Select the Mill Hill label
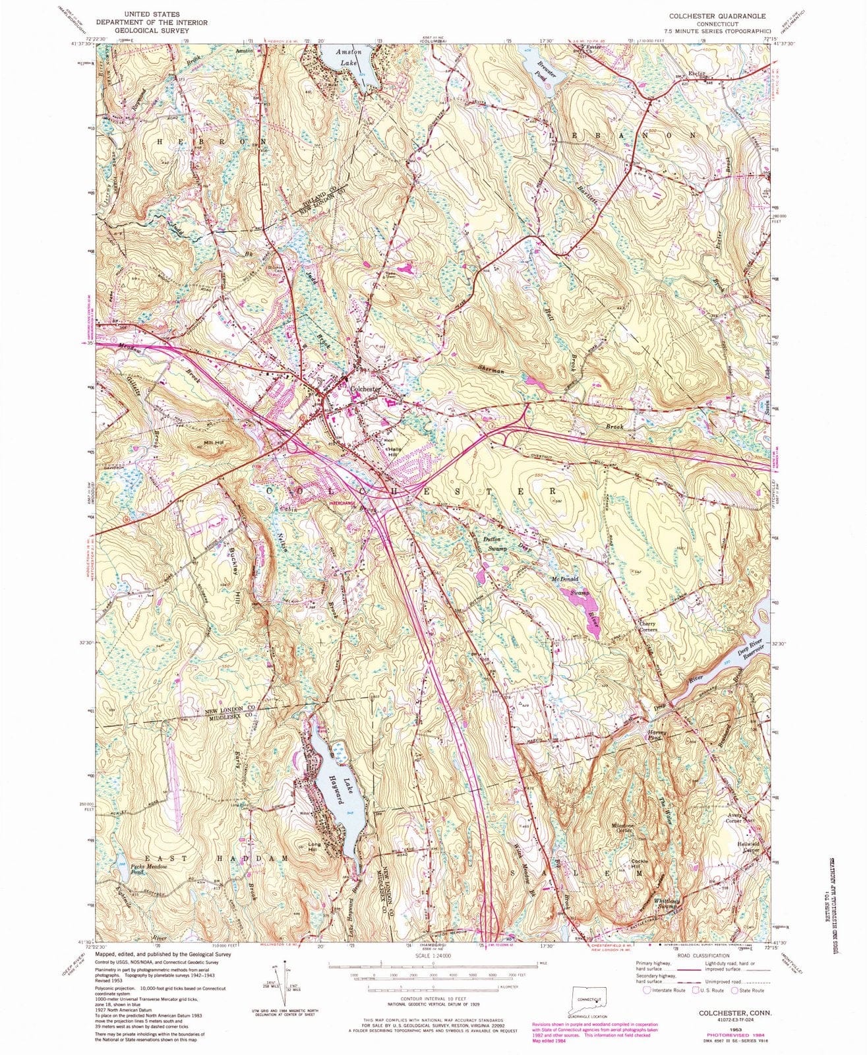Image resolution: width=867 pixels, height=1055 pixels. [214, 443]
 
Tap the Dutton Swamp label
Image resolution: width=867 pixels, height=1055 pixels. [489, 543]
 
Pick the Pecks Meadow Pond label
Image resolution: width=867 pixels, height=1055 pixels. [146, 869]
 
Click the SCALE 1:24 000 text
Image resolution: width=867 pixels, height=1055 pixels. [433, 954]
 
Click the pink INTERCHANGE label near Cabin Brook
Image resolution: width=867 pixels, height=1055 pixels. [345, 503]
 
